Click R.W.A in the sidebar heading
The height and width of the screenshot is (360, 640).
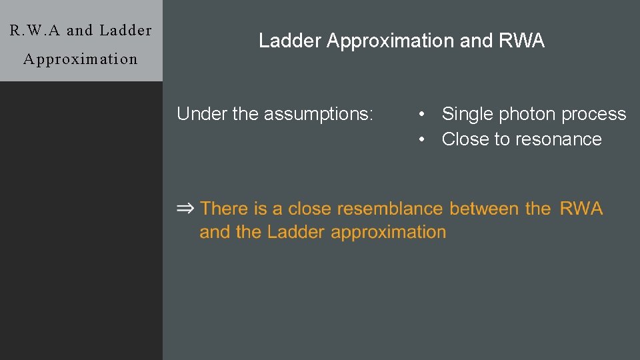pos(35,30)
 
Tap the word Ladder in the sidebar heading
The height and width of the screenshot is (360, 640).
pos(125,30)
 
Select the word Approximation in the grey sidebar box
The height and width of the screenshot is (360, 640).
pos(80,59)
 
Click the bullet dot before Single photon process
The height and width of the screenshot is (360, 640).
pos(422,115)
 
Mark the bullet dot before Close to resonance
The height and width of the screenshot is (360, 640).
pos(422,139)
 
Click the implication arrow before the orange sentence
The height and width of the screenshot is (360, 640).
pos(185,209)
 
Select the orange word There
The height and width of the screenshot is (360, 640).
pos(224,209)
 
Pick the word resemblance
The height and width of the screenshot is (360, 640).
pos(389,209)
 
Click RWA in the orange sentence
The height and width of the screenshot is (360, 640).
pos(581,209)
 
